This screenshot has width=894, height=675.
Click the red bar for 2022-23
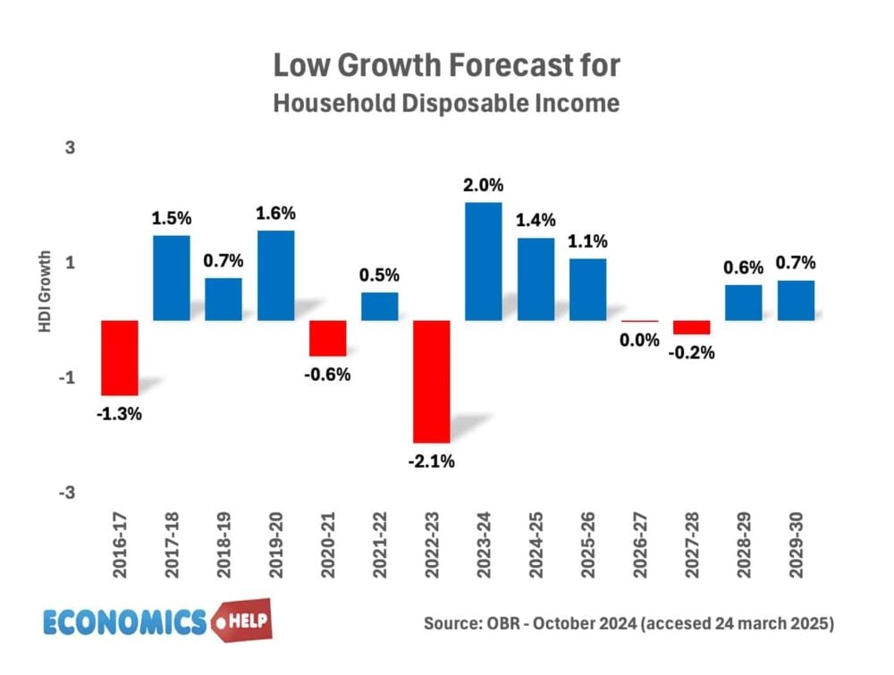coord(431,381)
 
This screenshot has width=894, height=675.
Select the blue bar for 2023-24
coord(483,261)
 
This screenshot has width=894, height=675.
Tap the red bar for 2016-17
coord(119,358)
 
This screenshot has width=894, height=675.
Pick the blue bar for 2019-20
coord(275,275)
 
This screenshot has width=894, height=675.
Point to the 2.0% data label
coord(483,186)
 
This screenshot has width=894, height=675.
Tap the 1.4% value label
coord(535,220)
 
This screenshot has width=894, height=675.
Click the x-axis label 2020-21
coord(327,556)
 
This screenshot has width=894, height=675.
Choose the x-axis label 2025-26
coord(586,556)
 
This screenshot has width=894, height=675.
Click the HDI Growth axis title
coord(45,293)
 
